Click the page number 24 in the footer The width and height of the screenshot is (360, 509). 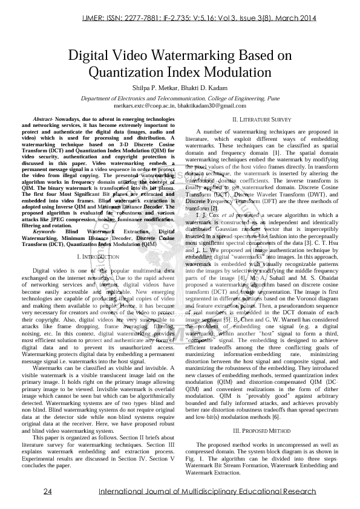[47, 491]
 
